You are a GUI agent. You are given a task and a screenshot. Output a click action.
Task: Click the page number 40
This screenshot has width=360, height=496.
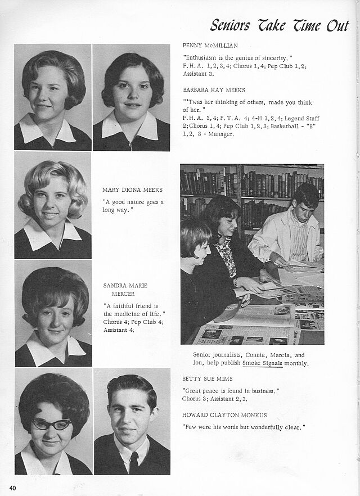pos(12,485)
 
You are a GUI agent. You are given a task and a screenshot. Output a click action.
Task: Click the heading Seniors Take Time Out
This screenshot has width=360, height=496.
pos(279,25)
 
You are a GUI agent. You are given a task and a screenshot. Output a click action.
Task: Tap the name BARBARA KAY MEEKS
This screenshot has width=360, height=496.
pos(214,89)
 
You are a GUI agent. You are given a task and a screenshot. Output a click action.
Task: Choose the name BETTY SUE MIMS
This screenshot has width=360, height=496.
pos(207,378)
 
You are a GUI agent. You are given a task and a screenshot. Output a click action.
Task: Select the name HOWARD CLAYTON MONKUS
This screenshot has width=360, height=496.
pos(224,415)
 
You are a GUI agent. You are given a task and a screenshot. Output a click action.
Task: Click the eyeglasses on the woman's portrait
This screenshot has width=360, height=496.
pos(51,424)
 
